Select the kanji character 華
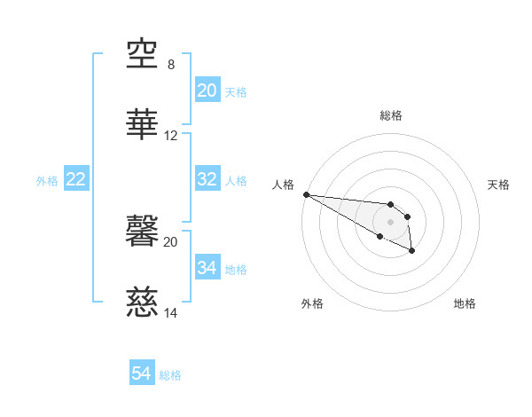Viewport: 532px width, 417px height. (x=143, y=125)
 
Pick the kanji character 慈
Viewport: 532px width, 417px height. (x=143, y=303)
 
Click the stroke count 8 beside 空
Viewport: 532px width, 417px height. (x=171, y=65)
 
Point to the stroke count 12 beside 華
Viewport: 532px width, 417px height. (x=171, y=136)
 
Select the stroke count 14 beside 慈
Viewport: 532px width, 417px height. (x=171, y=313)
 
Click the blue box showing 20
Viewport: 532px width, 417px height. (x=207, y=90)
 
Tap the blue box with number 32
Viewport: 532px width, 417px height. (x=207, y=179)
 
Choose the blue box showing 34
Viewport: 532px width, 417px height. (x=207, y=268)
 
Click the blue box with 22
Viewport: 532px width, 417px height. (x=76, y=179)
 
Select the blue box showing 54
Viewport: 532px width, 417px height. (x=142, y=374)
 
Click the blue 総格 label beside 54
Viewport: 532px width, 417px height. (x=170, y=375)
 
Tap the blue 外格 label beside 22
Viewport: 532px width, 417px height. (x=47, y=180)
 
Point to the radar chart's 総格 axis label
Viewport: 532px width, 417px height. (x=391, y=115)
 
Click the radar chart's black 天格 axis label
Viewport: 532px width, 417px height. (x=499, y=185)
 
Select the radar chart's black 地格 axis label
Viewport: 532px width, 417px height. (x=465, y=303)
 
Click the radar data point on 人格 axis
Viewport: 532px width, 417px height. (x=306, y=194)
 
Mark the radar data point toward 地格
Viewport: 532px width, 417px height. (x=412, y=251)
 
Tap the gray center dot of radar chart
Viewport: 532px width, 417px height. (x=391, y=221)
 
